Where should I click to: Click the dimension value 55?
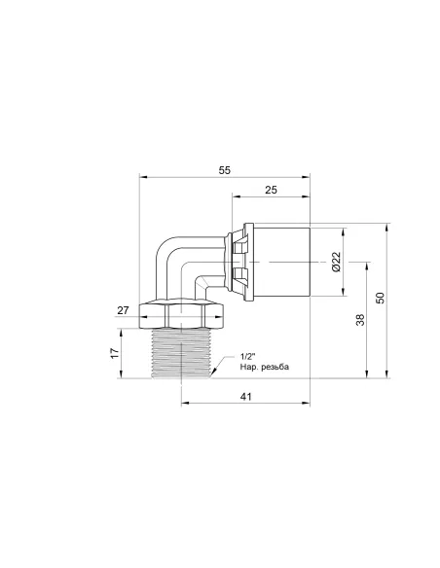224,170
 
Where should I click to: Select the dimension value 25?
271,190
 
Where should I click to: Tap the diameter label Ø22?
337,262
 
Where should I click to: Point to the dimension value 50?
381,298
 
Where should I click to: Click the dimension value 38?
360,319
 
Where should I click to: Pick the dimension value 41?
245,397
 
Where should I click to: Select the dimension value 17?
115,353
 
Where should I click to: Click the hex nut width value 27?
123,311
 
